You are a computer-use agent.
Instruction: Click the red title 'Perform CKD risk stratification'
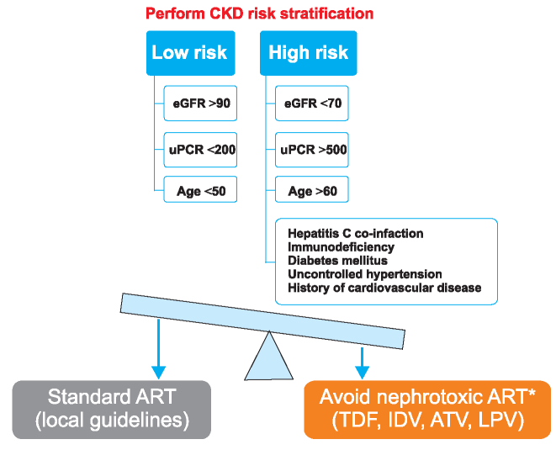click(259, 13)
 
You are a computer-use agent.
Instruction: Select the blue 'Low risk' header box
click(191, 53)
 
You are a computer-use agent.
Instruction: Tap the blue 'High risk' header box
click(309, 53)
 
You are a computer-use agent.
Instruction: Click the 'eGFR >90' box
click(200, 103)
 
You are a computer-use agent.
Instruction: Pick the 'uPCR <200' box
click(200, 150)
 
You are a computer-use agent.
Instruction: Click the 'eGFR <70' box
click(312, 103)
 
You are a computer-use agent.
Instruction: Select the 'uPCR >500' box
click(312, 150)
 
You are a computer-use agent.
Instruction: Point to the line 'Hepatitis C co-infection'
click(355, 234)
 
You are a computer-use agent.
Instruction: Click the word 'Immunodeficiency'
click(341, 247)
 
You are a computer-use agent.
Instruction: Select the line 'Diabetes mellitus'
click(337, 261)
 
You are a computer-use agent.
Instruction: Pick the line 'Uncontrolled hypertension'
click(365, 274)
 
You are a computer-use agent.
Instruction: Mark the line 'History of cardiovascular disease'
click(384, 288)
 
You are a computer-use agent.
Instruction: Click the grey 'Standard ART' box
click(112, 410)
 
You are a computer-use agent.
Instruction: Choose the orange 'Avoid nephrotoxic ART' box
click(427, 410)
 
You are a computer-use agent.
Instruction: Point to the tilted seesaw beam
click(262, 321)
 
